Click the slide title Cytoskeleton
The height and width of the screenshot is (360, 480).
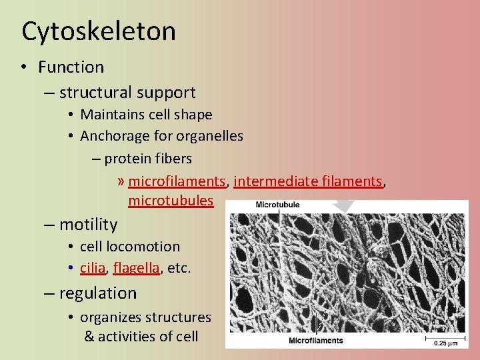tap(99, 31)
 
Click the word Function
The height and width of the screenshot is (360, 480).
tap(71, 67)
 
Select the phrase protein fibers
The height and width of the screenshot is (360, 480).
tap(148, 159)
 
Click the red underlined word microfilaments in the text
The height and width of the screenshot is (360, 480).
tap(177, 181)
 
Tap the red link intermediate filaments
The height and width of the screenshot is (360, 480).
tap(309, 181)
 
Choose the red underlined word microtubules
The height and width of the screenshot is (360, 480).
tap(171, 201)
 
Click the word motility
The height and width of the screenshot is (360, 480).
tap(88, 225)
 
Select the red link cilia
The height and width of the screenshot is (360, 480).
tap(93, 268)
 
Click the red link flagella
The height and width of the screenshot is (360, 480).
tap(136, 268)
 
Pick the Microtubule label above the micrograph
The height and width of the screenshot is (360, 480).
tap(277, 205)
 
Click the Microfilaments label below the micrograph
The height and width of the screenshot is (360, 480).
tap(316, 341)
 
